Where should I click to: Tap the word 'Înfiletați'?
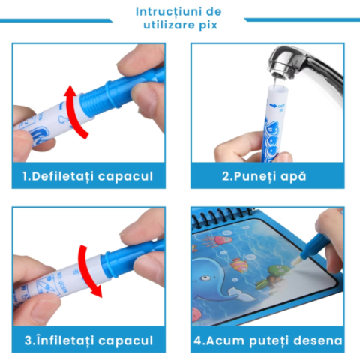coord(65,340)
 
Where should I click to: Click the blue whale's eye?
coord(205,277)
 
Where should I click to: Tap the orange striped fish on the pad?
coord(238,265)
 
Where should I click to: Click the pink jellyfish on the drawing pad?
coord(220,240)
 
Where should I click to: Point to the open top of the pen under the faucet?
coord(278,88)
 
